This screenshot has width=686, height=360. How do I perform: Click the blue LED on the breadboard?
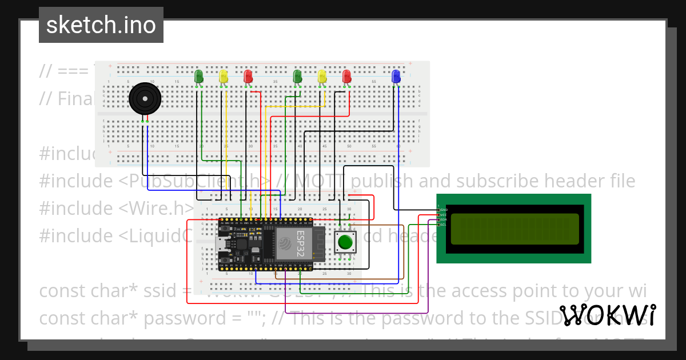tap(396, 76)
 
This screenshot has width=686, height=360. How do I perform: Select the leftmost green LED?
tap(199, 76)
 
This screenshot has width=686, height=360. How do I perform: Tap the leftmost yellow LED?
tap(224, 76)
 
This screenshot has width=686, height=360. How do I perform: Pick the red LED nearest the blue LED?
tap(346, 76)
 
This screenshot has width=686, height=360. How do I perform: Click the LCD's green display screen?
tap(513, 229)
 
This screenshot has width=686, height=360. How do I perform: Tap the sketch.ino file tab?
tap(101, 25)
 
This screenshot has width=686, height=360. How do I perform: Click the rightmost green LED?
tap(297, 76)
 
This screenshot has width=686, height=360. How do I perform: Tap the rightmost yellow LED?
tap(322, 76)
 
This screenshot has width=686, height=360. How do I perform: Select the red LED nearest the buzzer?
tap(248, 76)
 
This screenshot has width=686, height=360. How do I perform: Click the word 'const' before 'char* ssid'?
tap(63, 290)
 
